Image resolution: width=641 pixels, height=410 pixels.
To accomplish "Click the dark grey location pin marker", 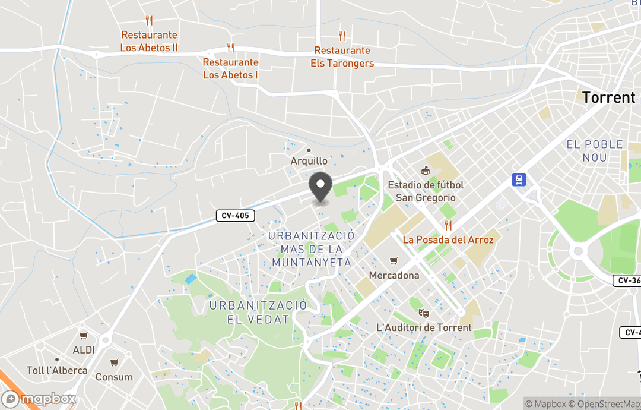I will coord(321,186).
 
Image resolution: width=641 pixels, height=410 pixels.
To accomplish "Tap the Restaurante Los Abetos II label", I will coord(149,41).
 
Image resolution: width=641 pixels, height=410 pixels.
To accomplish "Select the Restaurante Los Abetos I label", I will coord(230,68).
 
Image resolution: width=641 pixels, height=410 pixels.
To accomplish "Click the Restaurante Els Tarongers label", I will coord(342,57).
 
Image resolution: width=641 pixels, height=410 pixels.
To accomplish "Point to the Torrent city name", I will coord(608,97).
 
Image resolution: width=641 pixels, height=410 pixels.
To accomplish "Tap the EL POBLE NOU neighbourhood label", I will coord(595,151).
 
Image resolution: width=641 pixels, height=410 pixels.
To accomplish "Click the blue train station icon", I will coord(519,179).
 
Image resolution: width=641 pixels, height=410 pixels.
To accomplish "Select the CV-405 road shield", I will coord(235,216).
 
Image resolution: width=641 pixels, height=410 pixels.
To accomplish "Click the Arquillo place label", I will coord(309,161).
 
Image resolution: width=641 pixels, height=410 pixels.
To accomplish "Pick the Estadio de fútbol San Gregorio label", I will coord(426,191).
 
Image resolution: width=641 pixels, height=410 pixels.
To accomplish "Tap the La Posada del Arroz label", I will coord(448,239).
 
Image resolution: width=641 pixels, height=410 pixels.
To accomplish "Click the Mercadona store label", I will coord(394,275).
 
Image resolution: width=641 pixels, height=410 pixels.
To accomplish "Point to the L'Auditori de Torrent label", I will coord(424,327).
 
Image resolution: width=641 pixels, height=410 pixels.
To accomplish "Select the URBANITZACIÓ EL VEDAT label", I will coord(258,312).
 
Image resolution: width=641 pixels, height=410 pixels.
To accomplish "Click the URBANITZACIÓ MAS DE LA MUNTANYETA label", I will coord(312,249).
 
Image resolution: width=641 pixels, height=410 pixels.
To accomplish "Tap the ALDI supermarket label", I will coord(84,349).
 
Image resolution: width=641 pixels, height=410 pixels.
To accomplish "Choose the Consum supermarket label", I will coord(114,377).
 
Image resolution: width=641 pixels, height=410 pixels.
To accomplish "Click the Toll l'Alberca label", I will coord(57,370).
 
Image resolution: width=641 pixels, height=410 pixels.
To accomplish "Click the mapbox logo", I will coord(39,399).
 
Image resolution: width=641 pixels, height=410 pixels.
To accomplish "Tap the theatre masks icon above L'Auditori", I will coord(423,313).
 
